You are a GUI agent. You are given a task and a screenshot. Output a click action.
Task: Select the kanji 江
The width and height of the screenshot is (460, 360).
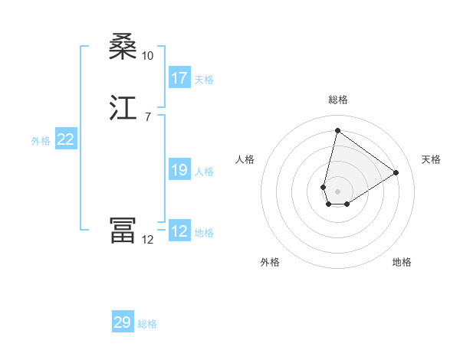pyautogui.click(x=123, y=108)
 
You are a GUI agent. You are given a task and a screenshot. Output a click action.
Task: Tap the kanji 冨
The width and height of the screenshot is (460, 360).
pyautogui.click(x=123, y=231)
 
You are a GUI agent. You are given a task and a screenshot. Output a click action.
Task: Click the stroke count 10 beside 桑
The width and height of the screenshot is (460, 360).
pyautogui.click(x=147, y=55)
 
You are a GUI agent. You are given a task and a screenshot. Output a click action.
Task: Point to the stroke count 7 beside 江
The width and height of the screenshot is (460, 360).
pyautogui.click(x=147, y=116)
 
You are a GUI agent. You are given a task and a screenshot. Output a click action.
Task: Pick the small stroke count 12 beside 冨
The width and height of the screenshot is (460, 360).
pyautogui.click(x=147, y=239)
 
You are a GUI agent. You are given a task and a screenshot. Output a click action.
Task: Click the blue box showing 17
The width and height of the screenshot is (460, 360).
pyautogui.click(x=179, y=78)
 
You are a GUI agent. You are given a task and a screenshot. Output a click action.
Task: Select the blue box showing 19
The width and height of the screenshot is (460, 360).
pyautogui.click(x=179, y=170)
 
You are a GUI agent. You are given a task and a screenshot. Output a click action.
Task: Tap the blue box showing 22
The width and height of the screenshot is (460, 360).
pyautogui.click(x=66, y=139)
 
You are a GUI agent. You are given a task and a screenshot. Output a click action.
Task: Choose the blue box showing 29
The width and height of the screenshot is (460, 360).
pyautogui.click(x=123, y=322)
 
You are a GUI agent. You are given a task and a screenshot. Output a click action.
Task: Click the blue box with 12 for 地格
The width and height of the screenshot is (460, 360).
pyautogui.click(x=179, y=231)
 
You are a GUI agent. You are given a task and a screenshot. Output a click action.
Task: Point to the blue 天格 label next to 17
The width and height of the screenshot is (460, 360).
pyautogui.click(x=204, y=80)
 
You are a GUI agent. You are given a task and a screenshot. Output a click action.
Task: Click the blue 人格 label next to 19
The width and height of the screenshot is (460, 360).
pyautogui.click(x=204, y=172)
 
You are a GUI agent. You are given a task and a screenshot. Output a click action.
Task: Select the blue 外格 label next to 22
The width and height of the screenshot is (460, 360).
pyautogui.click(x=41, y=141)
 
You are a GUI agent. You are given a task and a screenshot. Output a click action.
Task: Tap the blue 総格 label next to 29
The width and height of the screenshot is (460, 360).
pyautogui.click(x=147, y=324)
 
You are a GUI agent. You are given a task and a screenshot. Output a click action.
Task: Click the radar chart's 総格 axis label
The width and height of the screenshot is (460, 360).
pyautogui.click(x=338, y=100)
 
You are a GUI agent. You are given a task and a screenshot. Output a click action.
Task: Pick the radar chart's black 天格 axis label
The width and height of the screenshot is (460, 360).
pyautogui.click(x=431, y=159)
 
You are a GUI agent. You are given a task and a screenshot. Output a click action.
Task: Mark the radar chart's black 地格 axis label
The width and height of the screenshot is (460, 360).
pyautogui.click(x=402, y=262)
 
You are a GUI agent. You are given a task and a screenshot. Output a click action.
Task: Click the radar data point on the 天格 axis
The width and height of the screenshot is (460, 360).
pyautogui.click(x=396, y=172)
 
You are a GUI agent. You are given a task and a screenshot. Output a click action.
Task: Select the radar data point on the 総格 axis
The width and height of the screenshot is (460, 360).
pyautogui.click(x=337, y=130)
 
